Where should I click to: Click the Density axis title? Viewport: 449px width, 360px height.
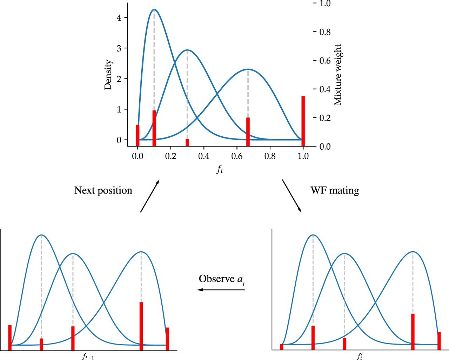108,75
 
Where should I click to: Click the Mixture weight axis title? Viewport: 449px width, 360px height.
337,75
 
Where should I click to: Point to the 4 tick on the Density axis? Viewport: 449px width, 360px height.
120,18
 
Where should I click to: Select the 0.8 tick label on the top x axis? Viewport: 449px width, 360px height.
270,156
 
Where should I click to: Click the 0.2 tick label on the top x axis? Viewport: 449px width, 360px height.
171,156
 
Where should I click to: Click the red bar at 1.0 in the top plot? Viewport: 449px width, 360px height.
303,121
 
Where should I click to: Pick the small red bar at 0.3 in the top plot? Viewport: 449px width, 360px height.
187,142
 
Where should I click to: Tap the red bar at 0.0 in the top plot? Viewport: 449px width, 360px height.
138,135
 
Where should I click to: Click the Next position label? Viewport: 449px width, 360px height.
103,190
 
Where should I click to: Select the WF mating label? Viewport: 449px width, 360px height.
335,190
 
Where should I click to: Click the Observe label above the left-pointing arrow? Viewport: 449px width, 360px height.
221,279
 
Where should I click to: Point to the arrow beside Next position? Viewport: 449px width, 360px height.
150,196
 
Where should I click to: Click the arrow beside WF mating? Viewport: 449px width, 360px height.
291,196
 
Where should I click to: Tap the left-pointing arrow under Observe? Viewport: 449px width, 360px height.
221,290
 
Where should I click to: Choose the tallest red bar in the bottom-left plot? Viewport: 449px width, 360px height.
141,326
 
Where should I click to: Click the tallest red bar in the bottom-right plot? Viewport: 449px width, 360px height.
413,331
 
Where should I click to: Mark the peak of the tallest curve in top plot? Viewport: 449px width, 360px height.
154,9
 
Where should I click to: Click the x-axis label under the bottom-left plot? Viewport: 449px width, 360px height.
88,357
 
